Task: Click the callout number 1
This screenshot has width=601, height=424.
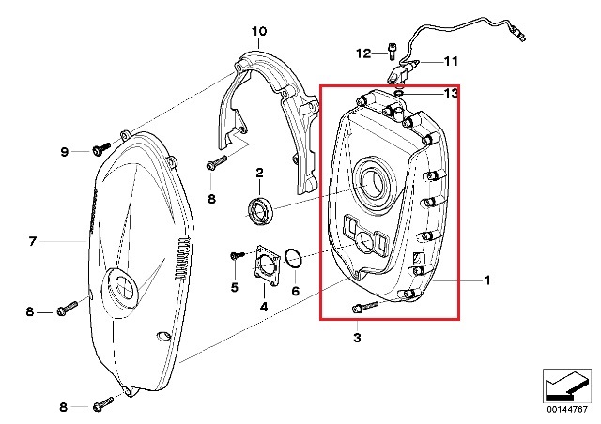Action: (487, 280)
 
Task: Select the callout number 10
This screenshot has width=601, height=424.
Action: (259, 31)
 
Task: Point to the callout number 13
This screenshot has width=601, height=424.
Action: (451, 93)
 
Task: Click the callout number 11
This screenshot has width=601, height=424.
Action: (451, 61)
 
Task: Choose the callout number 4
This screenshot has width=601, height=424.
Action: (263, 306)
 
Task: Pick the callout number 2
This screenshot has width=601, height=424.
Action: (259, 172)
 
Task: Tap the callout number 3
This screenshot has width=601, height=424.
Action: (357, 335)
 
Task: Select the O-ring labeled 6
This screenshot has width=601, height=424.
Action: (293, 261)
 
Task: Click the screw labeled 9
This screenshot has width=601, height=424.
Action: (100, 148)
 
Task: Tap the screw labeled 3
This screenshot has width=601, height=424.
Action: (362, 307)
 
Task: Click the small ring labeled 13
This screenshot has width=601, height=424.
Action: (399, 93)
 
